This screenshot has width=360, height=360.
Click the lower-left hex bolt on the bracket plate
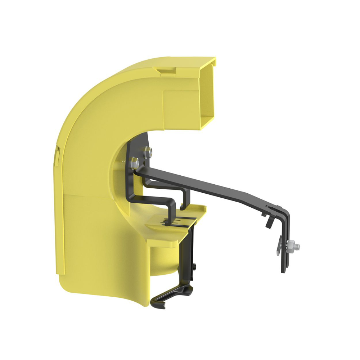pyautogui.click(x=134, y=163)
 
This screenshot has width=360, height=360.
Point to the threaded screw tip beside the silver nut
pyautogui.click(x=297, y=247)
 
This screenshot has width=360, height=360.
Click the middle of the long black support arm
pyautogui.click(x=216, y=187)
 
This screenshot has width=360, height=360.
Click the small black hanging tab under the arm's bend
pyautogui.click(x=268, y=222)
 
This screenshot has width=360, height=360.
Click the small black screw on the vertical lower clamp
pyautogui.click(x=194, y=266)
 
